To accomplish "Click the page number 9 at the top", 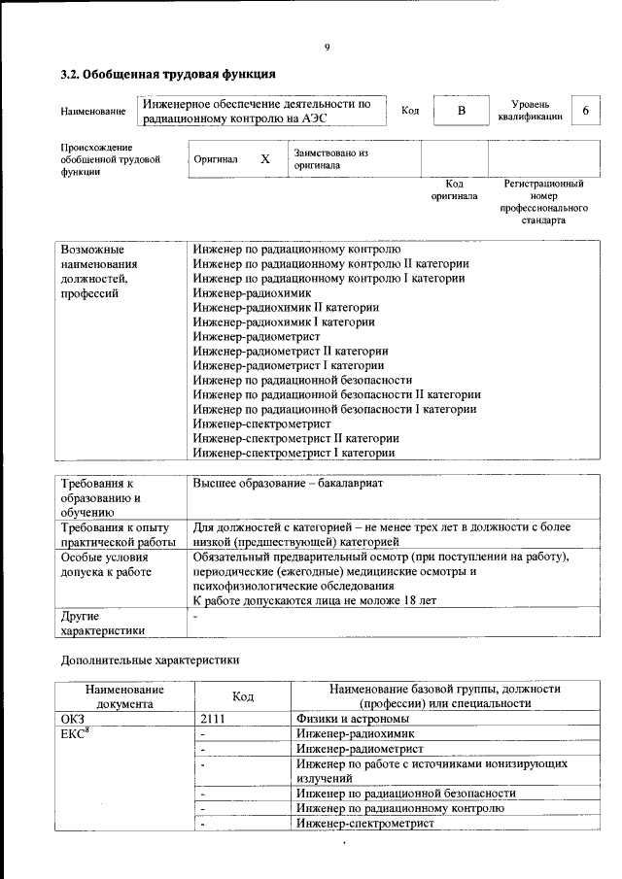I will [328, 48].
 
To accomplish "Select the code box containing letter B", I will [462, 111].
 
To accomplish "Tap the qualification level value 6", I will [585, 111].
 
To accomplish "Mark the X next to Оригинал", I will [264, 158].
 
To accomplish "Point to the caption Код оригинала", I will [454, 189].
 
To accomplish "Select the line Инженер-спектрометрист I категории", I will [294, 453].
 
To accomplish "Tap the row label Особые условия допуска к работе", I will [105, 565].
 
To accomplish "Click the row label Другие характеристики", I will [103, 623].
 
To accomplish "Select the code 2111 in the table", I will [212, 719].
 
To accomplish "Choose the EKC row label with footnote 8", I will [76, 733].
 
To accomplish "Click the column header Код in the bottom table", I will [243, 696].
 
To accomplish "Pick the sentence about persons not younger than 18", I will [315, 601].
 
